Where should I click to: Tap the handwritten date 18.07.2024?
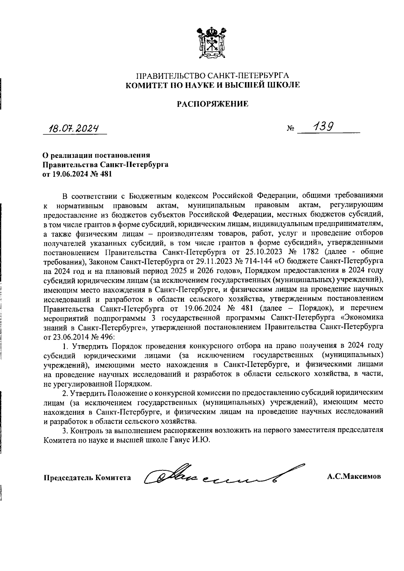(75, 128)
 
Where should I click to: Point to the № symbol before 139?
(291, 129)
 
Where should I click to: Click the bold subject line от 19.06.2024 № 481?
(77, 174)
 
